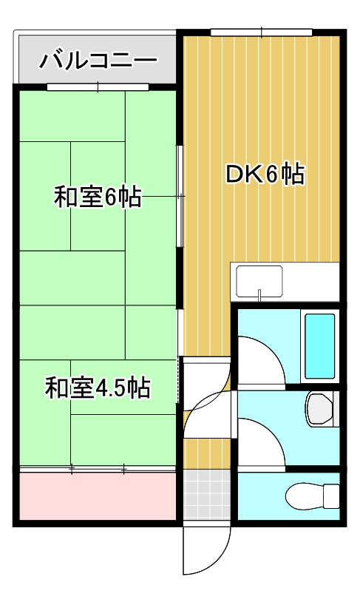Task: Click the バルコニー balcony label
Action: point(98,58)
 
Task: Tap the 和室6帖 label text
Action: point(98,197)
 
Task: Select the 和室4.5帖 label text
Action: point(98,387)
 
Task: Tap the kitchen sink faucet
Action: point(259,294)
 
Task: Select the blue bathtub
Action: point(320,345)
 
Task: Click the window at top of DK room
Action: point(261,32)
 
